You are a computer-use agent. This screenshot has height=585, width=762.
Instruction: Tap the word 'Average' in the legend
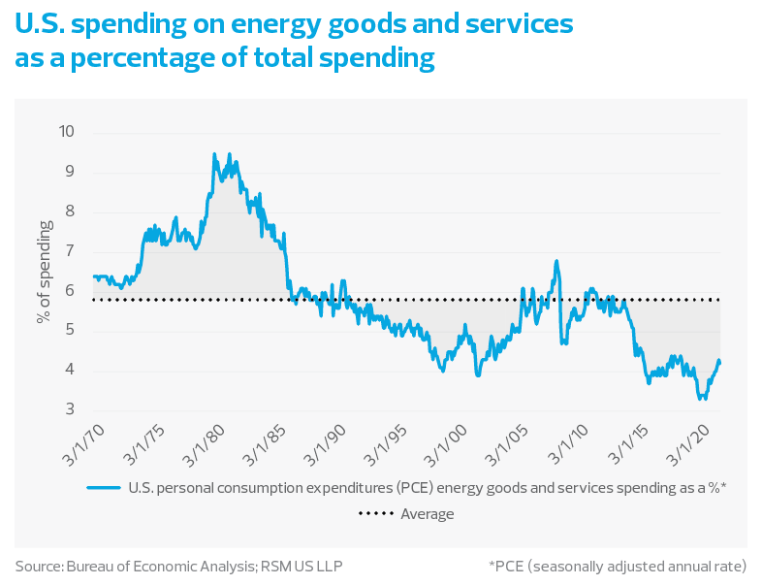click(x=427, y=514)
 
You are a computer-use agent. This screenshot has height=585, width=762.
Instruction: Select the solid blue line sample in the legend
click(x=106, y=487)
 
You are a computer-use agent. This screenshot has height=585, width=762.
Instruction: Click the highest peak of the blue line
click(x=214, y=153)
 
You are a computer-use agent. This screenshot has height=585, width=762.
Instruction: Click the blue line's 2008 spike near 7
click(x=556, y=260)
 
